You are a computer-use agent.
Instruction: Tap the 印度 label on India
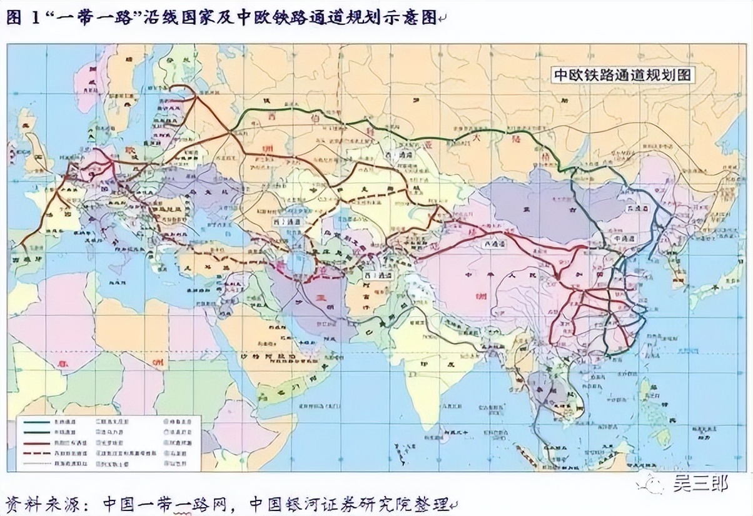(x=433, y=365)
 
